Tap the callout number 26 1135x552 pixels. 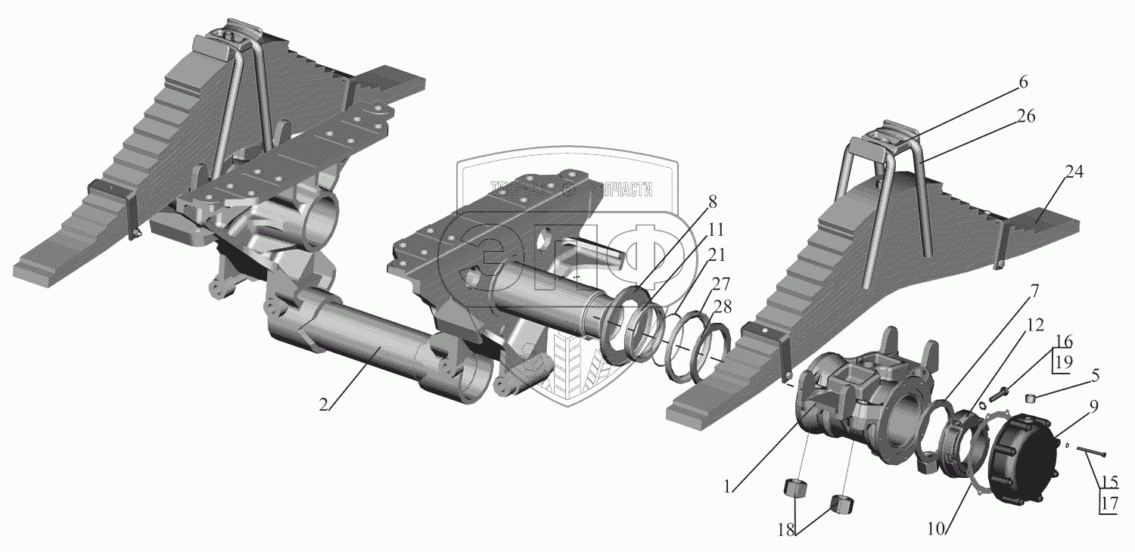tap(1026, 117)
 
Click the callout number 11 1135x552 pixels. tap(717, 228)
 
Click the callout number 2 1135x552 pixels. tap(323, 404)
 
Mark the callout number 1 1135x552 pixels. tap(727, 487)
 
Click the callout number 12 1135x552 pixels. tap(1034, 325)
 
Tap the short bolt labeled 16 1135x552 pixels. tap(1001, 392)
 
